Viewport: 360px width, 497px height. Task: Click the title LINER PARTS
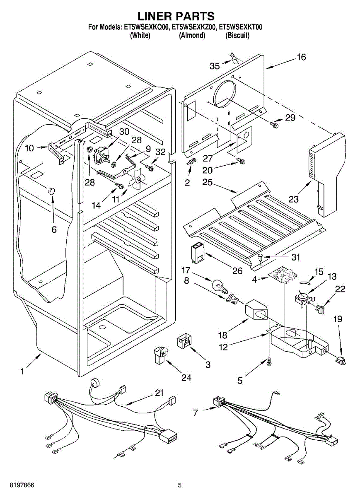[176, 16]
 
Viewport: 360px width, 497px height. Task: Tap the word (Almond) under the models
[192, 36]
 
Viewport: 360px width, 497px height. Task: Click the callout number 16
[301, 57]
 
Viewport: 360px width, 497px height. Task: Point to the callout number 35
[215, 65]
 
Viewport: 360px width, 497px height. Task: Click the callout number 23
[293, 199]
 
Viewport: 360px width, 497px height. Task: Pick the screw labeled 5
[270, 362]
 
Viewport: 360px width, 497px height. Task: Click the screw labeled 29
[274, 123]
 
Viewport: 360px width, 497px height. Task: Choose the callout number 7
[196, 413]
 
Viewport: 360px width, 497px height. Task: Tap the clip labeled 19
[340, 360]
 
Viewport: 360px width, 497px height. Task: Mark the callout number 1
[22, 372]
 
